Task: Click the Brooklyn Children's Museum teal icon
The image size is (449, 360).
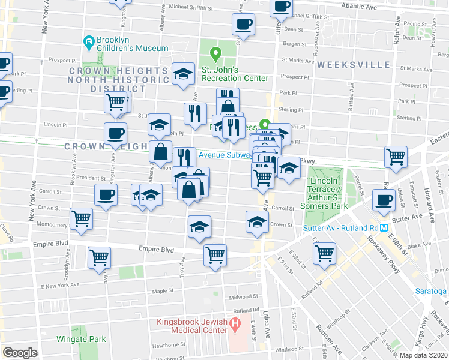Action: click(89, 41)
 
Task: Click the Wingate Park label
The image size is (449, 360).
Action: click(81, 339)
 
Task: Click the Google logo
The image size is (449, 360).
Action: click(20, 352)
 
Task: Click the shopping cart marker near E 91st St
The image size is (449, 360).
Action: click(324, 252)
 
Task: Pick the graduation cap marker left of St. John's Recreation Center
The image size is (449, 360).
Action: click(184, 73)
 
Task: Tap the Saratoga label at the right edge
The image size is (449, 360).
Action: click(431, 291)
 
